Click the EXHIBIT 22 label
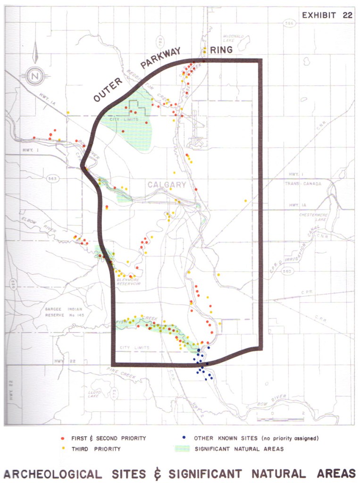coord(327,15)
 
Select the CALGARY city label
coord(167,185)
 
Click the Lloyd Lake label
coord(94,394)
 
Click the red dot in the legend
coord(63,438)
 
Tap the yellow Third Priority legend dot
coord(63,449)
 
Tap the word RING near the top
coord(221,50)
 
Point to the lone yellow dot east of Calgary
coord(245,200)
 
